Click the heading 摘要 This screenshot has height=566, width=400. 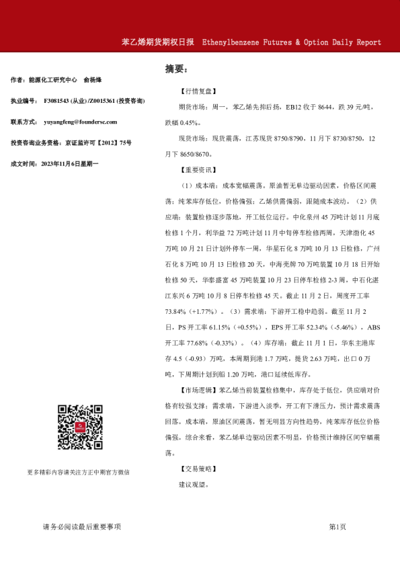[x=176, y=69]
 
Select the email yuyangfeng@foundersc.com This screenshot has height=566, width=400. [x=79, y=122]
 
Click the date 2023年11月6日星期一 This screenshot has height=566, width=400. [x=70, y=163]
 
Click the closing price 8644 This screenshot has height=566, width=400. [x=307, y=107]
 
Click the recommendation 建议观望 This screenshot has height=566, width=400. [x=194, y=484]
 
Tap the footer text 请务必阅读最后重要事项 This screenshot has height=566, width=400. [x=81, y=527]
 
